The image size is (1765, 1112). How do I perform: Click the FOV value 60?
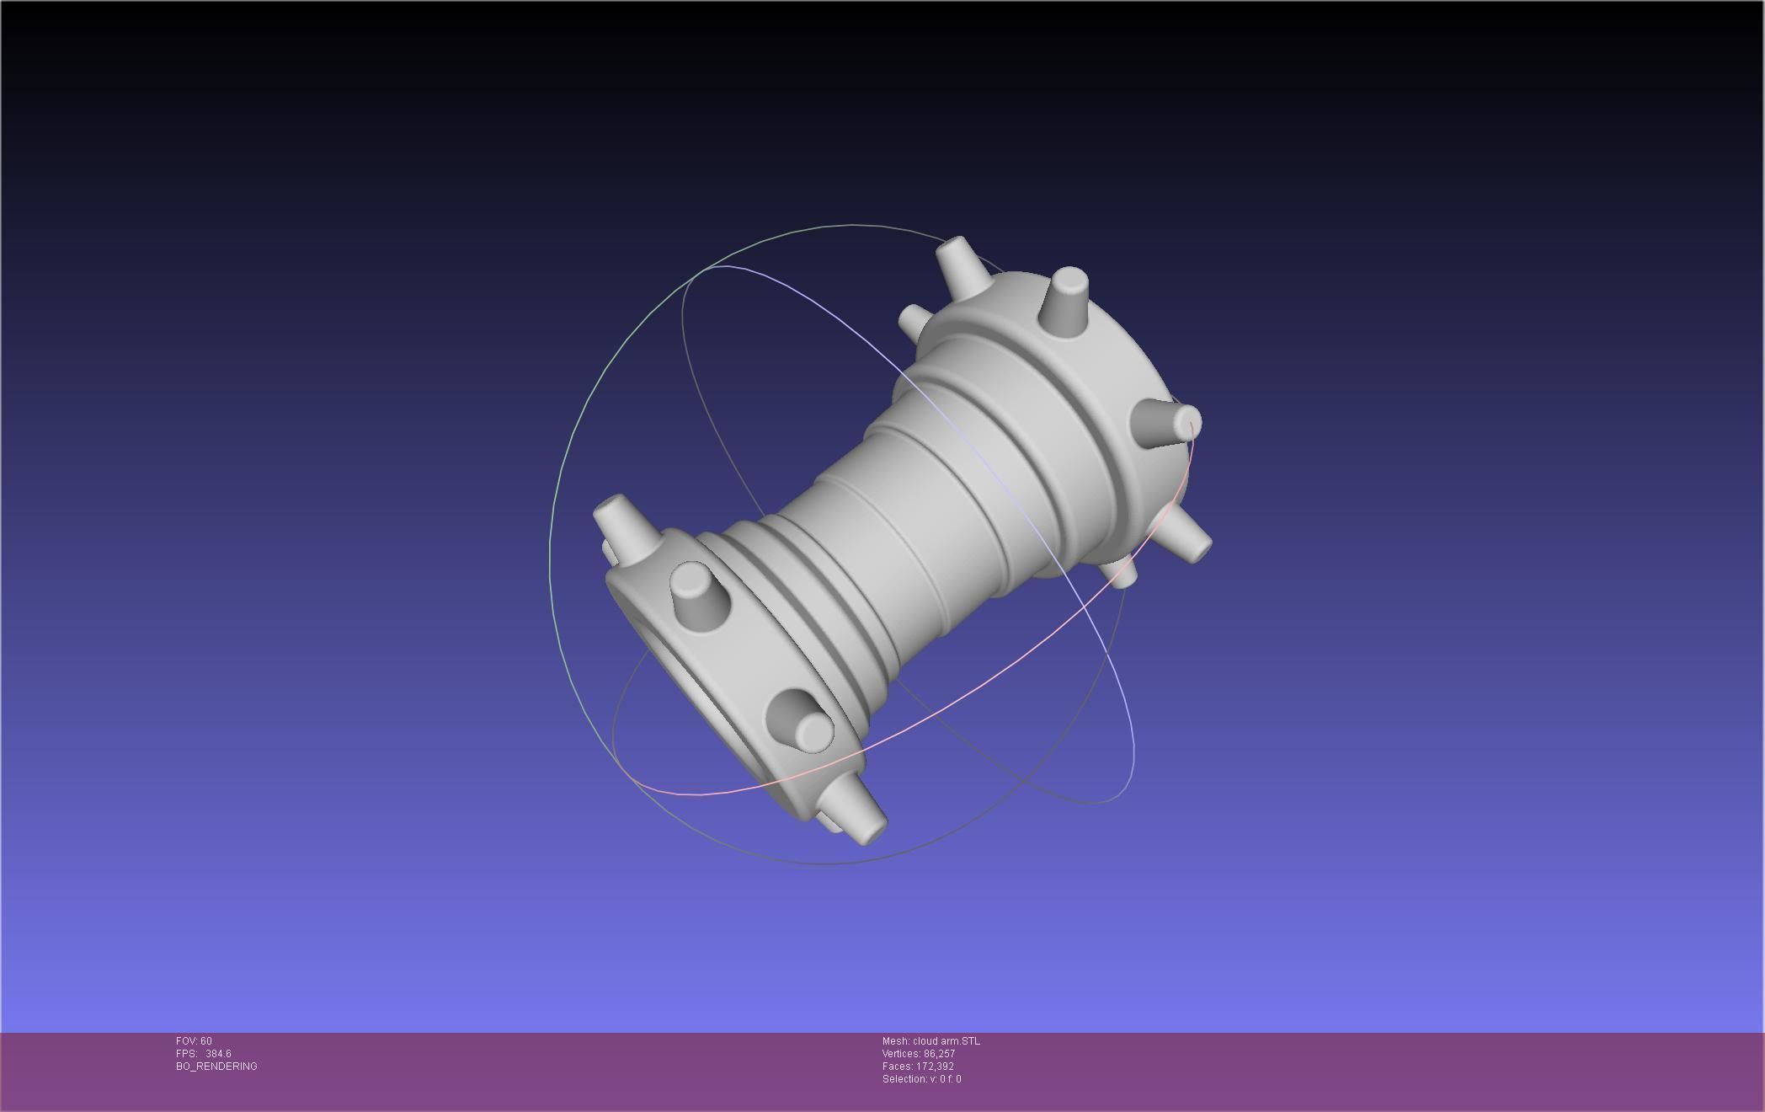coord(206,1041)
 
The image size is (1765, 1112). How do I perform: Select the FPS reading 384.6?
coord(218,1054)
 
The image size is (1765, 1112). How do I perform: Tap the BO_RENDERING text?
coord(216,1067)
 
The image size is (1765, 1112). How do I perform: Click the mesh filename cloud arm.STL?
coord(946,1041)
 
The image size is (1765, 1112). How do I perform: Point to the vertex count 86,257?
coord(939,1054)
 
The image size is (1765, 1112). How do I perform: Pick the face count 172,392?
coord(935,1067)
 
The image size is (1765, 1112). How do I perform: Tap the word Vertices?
coord(901,1054)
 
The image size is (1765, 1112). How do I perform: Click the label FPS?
coord(185,1054)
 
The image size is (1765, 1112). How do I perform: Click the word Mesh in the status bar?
coord(895,1041)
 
